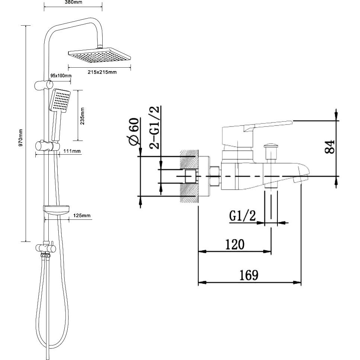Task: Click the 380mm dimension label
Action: pyautogui.click(x=73, y=2)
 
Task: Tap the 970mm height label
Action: pyautogui.click(x=21, y=138)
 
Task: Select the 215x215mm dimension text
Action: pyautogui.click(x=102, y=72)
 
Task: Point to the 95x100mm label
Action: pyautogui.click(x=61, y=76)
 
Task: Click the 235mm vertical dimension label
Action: pyautogui.click(x=82, y=116)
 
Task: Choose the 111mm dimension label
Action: pyautogui.click(x=72, y=151)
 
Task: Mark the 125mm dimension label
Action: pyautogui.click(x=82, y=216)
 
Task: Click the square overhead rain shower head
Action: pyautogui.click(x=99, y=55)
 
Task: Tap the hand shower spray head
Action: pyautogui.click(x=60, y=101)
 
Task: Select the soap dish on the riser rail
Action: pyautogui.click(x=57, y=210)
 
